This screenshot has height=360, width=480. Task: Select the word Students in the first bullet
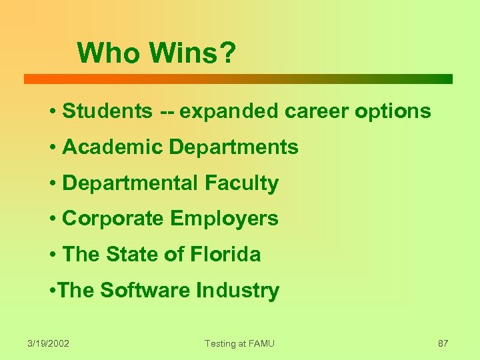(107, 111)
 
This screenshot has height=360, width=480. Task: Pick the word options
(393, 111)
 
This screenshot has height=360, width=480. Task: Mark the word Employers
(225, 219)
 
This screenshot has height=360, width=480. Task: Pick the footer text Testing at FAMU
(239, 343)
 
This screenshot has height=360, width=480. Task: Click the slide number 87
(443, 343)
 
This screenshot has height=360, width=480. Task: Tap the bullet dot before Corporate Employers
(52, 219)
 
